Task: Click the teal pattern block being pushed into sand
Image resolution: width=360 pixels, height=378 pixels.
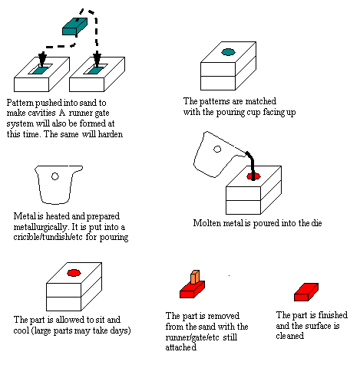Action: [x=74, y=26]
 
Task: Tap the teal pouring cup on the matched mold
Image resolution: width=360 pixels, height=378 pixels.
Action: [x=228, y=52]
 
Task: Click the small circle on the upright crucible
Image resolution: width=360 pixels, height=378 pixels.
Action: [x=55, y=176]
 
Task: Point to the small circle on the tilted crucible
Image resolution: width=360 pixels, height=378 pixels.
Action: [x=217, y=149]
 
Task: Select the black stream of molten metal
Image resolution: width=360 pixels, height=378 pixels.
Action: [x=252, y=166]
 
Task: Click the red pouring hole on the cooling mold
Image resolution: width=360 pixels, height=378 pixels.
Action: [x=74, y=273]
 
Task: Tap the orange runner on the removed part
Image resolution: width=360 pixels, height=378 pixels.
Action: [x=195, y=277]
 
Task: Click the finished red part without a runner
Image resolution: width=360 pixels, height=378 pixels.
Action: [x=306, y=292]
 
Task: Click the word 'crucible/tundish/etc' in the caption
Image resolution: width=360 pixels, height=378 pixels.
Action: [x=48, y=237]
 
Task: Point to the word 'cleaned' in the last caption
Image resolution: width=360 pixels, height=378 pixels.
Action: [x=290, y=336]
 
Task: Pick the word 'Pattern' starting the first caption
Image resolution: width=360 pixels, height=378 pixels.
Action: [x=20, y=103]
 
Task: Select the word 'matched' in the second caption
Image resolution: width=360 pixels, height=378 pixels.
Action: [x=261, y=101]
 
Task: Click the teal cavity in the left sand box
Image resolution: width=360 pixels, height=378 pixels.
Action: [x=41, y=71]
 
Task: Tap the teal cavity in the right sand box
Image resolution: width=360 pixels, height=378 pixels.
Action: [x=97, y=71]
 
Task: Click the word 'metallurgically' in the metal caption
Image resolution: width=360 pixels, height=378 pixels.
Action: [x=41, y=227]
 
